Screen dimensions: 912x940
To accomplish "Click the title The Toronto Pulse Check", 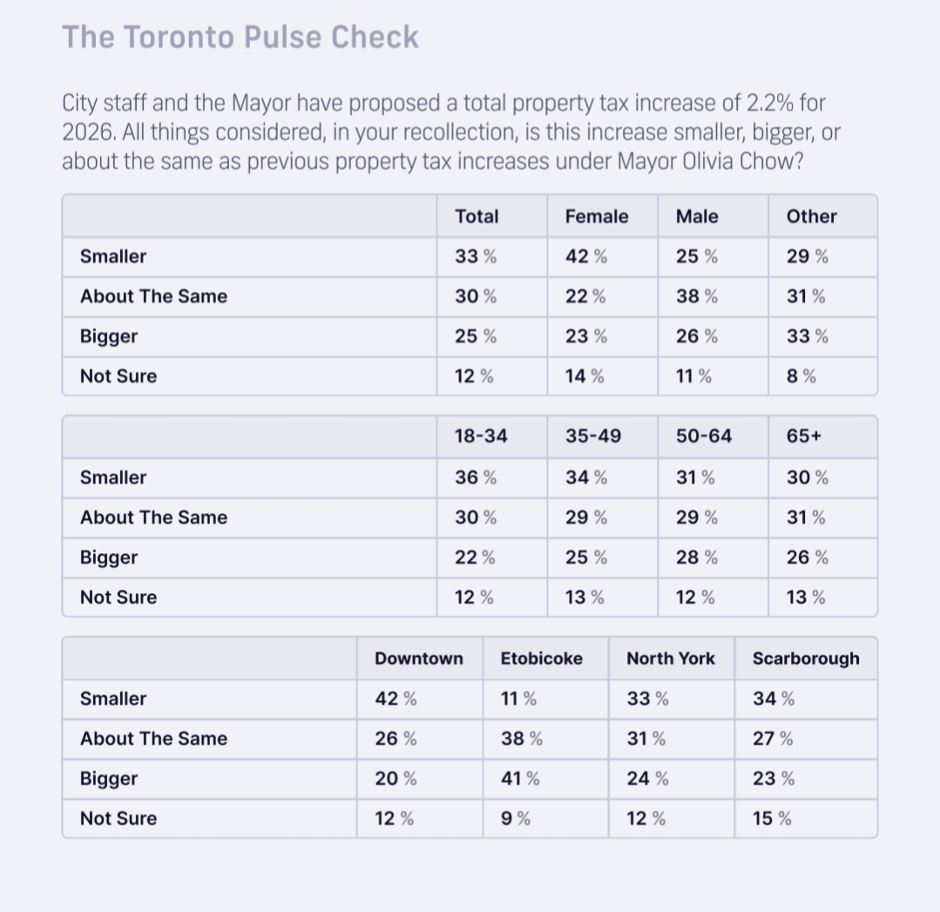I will tap(240, 37).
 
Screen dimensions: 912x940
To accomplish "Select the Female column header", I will tap(596, 217).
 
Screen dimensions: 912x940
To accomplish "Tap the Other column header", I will tap(811, 217).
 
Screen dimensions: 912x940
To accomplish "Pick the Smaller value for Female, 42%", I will tap(585, 257).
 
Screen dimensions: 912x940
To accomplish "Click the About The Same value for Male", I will tap(696, 297).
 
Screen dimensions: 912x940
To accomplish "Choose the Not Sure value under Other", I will tap(801, 376).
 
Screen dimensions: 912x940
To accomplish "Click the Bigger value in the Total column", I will tap(475, 337).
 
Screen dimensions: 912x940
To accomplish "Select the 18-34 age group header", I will tap(480, 436).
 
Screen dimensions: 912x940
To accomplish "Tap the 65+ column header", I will tap(803, 436).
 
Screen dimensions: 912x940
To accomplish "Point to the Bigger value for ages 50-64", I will tap(696, 557).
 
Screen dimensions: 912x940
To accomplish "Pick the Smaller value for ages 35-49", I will tap(585, 477).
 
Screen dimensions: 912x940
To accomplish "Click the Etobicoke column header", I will tap(541, 659).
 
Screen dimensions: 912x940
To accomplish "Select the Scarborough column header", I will tap(805, 659).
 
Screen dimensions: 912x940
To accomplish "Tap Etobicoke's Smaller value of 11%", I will tap(517, 699).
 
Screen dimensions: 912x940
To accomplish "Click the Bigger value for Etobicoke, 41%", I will tap(519, 779).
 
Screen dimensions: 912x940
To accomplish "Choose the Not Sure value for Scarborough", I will tap(772, 819).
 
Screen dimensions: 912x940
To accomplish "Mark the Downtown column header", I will tap(418, 659).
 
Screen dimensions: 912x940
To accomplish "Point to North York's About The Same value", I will tap(646, 739).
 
